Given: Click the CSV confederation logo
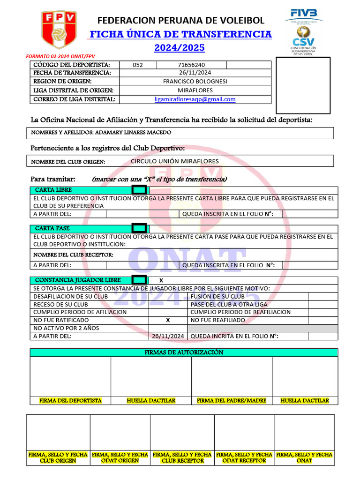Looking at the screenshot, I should pyautogui.click(x=303, y=40).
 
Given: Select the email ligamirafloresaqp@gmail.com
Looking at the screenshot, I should pyautogui.click(x=195, y=99).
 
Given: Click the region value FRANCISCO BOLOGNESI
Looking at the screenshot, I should pyautogui.click(x=195, y=81).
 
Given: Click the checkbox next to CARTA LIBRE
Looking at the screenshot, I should pyautogui.click(x=139, y=190).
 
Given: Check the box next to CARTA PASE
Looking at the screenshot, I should pyautogui.click(x=139, y=228).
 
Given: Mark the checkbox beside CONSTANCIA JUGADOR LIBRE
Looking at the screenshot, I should pyautogui.click(x=139, y=280).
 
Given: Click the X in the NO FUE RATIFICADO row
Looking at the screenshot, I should pyautogui.click(x=168, y=320).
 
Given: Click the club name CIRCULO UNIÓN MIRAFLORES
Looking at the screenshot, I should pyautogui.click(x=174, y=161).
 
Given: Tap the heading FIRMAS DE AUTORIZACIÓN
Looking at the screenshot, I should pyautogui.click(x=183, y=352).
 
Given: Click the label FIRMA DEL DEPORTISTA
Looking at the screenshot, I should pyautogui.click(x=70, y=401).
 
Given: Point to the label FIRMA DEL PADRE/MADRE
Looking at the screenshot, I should pyautogui.click(x=232, y=401).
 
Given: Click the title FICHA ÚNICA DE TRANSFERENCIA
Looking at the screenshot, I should pyautogui.click(x=180, y=34).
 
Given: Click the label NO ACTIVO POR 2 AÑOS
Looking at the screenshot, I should pyautogui.click(x=66, y=328).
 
